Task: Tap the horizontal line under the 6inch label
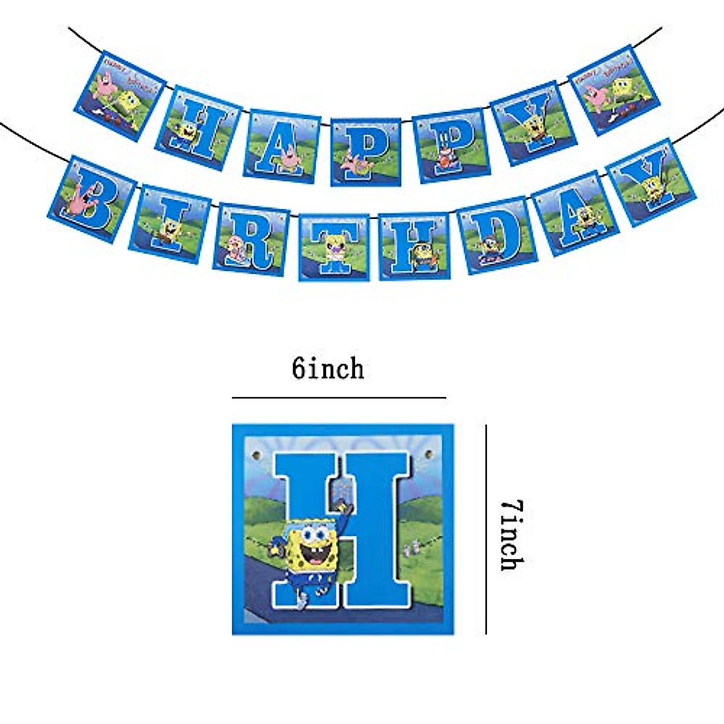pyautogui.click(x=338, y=398)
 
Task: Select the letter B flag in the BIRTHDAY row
pyautogui.click(x=91, y=200)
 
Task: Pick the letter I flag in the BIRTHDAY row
pyautogui.click(x=170, y=224)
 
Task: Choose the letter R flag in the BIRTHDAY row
pyautogui.click(x=250, y=239)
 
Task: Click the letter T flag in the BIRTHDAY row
pyautogui.click(x=334, y=247)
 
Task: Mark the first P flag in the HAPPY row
pyautogui.click(x=366, y=151)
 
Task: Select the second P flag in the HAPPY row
pyautogui.click(x=449, y=145)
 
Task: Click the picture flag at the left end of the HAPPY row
pyautogui.click(x=119, y=95)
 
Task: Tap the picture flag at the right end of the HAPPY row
pyautogui.click(x=613, y=89)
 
